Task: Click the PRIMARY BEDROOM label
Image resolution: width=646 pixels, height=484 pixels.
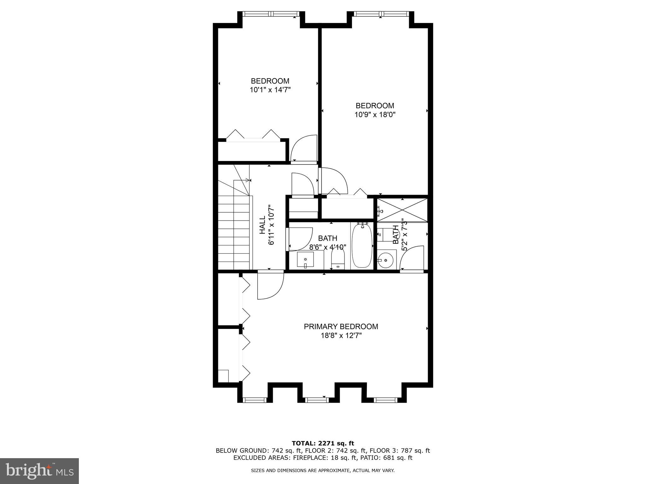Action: click(341, 326)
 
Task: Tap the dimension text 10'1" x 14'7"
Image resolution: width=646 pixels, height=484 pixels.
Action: click(270, 90)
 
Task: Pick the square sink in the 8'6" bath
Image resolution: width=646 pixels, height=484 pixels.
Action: click(305, 260)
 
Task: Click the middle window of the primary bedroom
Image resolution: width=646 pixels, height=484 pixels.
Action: click(317, 400)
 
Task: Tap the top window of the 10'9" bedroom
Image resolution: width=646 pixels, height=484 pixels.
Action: click(381, 14)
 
